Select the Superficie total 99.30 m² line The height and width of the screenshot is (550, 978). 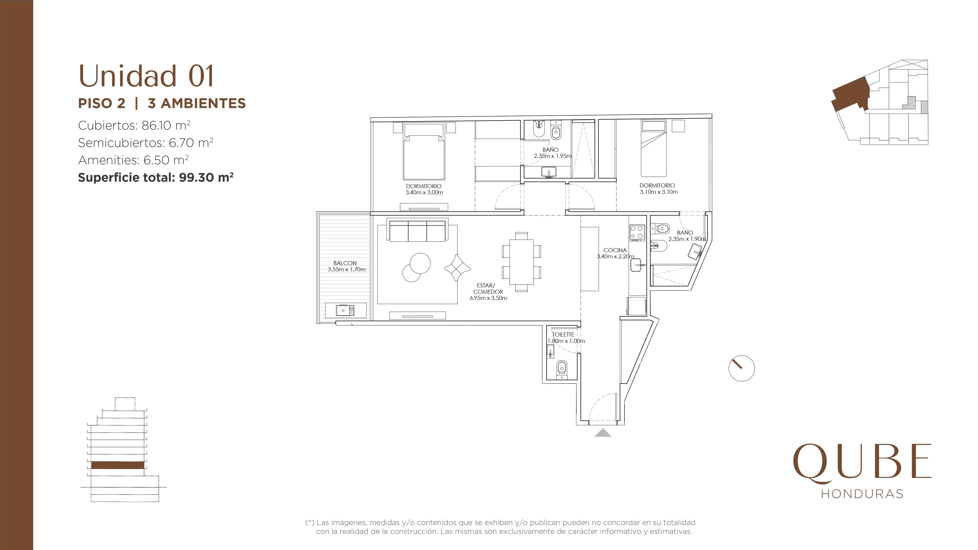click(156, 177)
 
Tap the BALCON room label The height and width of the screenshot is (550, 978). click(345, 263)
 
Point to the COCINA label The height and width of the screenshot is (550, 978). click(615, 250)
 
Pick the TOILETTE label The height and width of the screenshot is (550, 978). click(563, 334)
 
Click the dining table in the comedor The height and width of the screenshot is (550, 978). click(521, 262)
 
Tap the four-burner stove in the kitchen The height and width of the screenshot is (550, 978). click(637, 233)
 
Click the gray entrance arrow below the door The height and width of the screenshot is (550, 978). click(603, 433)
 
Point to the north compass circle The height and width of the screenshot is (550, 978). click(742, 368)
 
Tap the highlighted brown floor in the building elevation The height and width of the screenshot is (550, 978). click(118, 465)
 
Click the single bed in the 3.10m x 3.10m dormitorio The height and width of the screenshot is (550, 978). click(653, 149)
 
